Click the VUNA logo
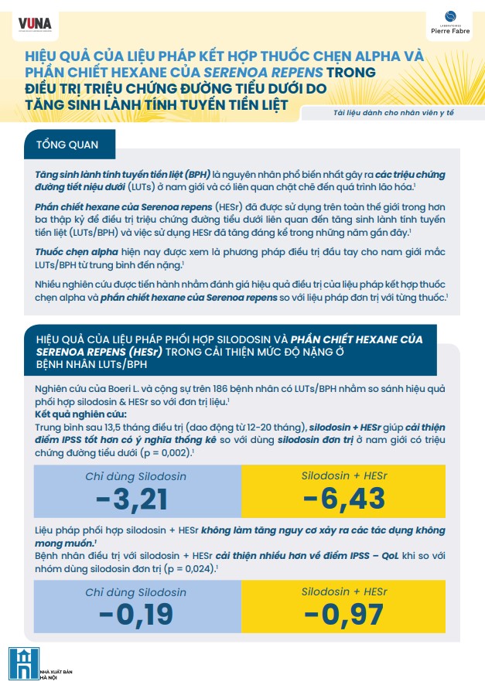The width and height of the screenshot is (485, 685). pos(35,24)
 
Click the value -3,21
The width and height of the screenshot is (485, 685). pos(132,499)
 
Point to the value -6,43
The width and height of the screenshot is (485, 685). pos(343,499)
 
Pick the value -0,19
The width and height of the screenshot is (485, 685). pos(132,615)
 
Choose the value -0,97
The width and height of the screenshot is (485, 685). pos(343,615)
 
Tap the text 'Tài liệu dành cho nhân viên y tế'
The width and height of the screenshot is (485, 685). pos(389,114)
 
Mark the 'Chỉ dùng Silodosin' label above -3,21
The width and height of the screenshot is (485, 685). pos(135,476)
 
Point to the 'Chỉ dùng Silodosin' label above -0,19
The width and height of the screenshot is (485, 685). pos(135,592)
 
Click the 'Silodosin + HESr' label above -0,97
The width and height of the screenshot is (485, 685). pos(343,592)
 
